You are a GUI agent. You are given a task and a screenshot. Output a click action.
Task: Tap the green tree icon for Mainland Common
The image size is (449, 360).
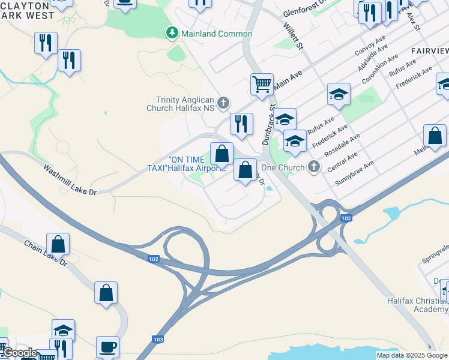[172, 32]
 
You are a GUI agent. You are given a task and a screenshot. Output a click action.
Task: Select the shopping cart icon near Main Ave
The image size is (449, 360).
[262, 85]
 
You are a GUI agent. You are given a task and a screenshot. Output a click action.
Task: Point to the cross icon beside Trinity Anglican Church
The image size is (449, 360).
[223, 103]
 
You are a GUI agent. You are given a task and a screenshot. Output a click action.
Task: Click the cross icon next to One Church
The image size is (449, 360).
[313, 167]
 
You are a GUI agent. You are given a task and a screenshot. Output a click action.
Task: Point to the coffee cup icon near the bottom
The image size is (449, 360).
[108, 346]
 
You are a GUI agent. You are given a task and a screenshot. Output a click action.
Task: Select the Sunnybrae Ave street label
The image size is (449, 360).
[355, 172]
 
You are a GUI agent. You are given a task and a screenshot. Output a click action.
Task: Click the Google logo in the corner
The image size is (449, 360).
[19, 353]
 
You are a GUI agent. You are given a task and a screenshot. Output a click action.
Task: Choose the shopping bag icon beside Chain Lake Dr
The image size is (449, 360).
[58, 244]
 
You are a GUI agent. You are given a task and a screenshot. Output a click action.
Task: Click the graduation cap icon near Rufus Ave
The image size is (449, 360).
[339, 94]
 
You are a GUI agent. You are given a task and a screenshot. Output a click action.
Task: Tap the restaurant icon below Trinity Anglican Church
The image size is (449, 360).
[241, 124]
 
